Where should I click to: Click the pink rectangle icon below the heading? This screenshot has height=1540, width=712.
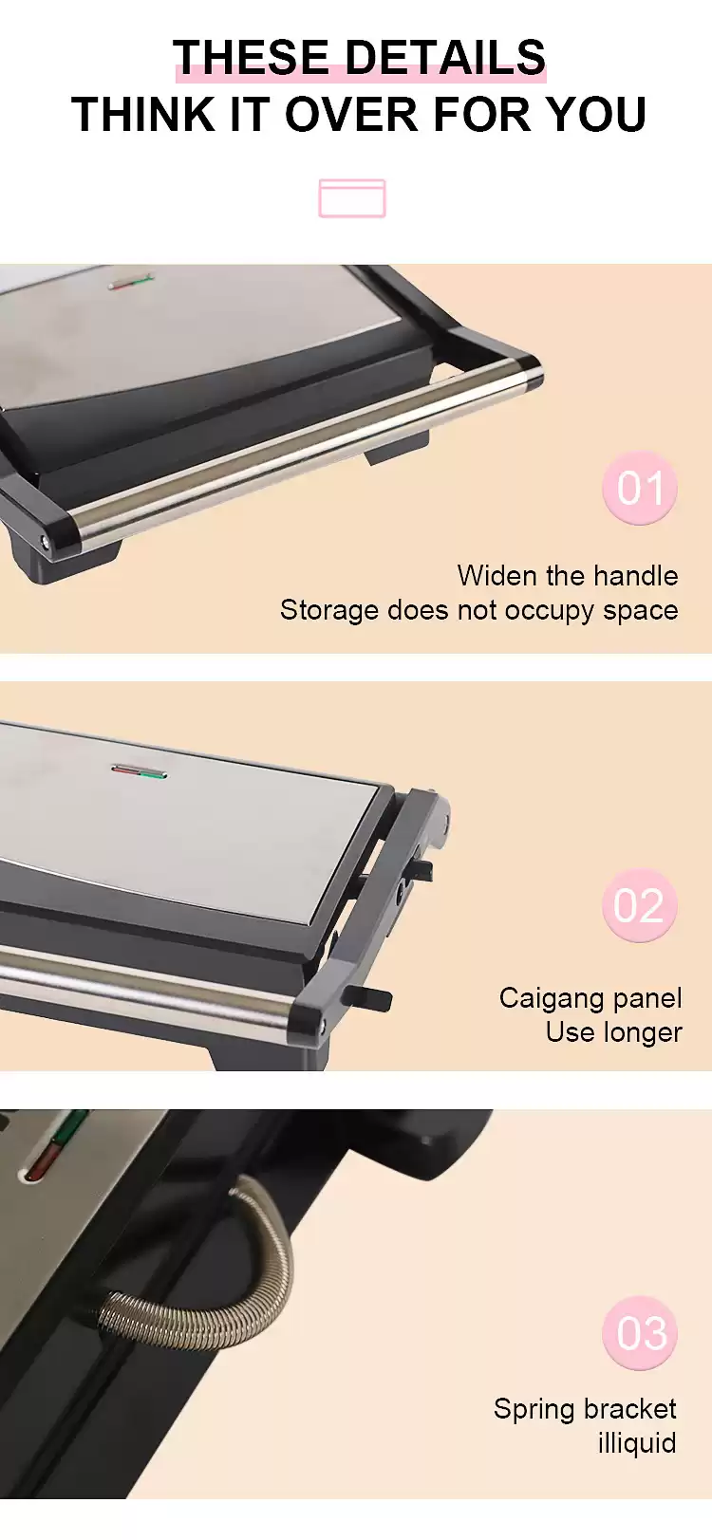click(x=352, y=198)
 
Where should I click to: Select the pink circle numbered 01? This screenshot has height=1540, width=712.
click(x=640, y=488)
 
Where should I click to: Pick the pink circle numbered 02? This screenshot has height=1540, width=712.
click(x=640, y=905)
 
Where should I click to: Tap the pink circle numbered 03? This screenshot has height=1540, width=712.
click(x=640, y=1334)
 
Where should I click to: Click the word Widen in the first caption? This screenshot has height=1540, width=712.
click(x=497, y=575)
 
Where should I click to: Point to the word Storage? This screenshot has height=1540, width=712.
click(x=329, y=610)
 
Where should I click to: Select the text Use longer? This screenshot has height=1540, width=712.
click(x=613, y=1032)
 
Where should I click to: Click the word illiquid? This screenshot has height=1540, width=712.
click(x=637, y=1442)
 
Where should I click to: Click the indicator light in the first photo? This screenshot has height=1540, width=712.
click(x=131, y=282)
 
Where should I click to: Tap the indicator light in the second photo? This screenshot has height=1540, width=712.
click(x=139, y=772)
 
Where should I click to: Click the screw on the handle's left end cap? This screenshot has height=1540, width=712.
click(x=47, y=541)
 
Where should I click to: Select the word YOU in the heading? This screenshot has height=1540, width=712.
click(x=595, y=114)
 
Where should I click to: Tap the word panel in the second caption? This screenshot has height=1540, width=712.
click(x=647, y=998)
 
